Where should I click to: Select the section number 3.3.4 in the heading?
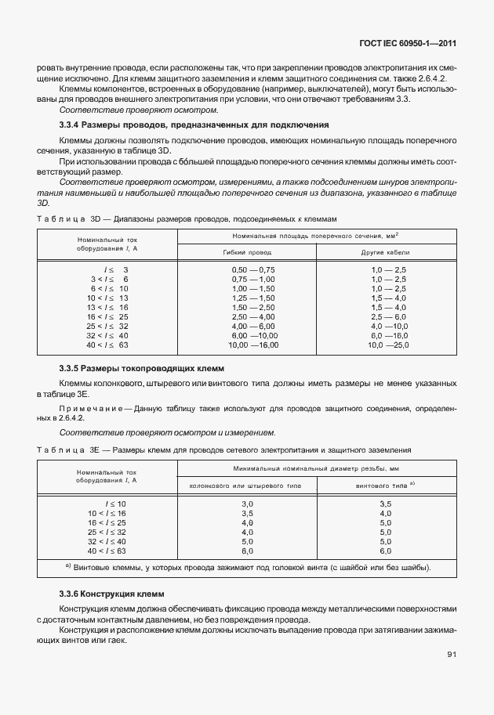73,125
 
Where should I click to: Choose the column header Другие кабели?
386,253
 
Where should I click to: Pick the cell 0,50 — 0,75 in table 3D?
252,269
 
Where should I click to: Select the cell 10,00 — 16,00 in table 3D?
252,345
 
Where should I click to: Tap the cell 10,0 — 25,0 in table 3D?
388,345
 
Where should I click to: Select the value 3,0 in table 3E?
247,503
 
